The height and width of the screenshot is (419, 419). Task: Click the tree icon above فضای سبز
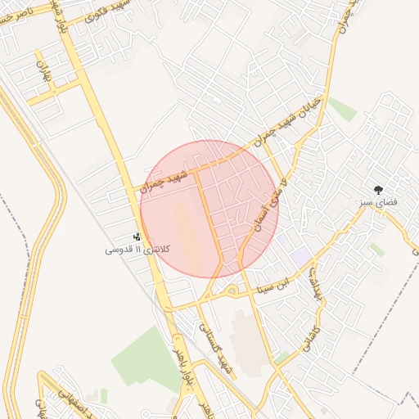378,189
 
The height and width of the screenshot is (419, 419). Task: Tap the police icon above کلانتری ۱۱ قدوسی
136,237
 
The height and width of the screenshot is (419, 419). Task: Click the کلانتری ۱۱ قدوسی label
131,248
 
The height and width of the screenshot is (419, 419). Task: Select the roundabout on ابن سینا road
228,290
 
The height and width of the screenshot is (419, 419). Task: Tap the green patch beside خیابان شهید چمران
343,110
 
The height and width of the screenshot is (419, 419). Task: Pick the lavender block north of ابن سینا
301,256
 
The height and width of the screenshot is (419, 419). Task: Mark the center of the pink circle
209,209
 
